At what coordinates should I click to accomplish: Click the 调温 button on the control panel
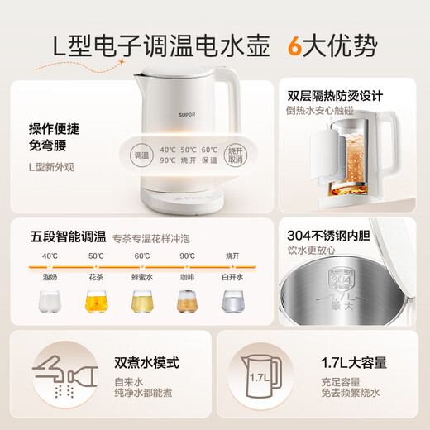pyautogui.click(x=143, y=155)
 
